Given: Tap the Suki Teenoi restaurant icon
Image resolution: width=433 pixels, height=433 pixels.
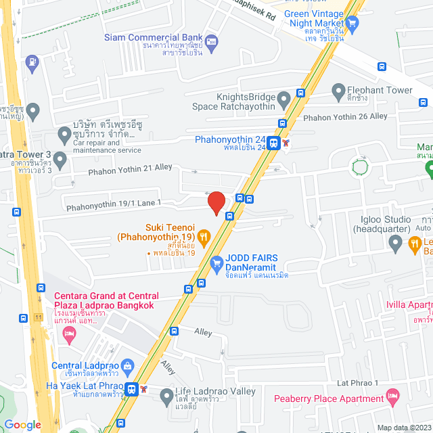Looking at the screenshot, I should point(203,236).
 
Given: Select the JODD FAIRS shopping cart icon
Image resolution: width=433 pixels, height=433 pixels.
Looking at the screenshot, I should point(217,263).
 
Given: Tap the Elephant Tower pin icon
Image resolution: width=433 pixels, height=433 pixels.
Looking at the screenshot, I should point(338,90).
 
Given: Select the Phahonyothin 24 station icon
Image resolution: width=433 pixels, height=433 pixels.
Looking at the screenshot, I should point(273,143).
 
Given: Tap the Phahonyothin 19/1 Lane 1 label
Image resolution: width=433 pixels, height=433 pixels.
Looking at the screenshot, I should point(112,202).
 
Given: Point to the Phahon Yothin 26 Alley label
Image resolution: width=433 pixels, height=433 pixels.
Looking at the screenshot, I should point(345,116).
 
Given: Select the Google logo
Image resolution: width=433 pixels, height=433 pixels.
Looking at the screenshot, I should point(22,425).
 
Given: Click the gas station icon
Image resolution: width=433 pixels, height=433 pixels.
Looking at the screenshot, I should point(31,64).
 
